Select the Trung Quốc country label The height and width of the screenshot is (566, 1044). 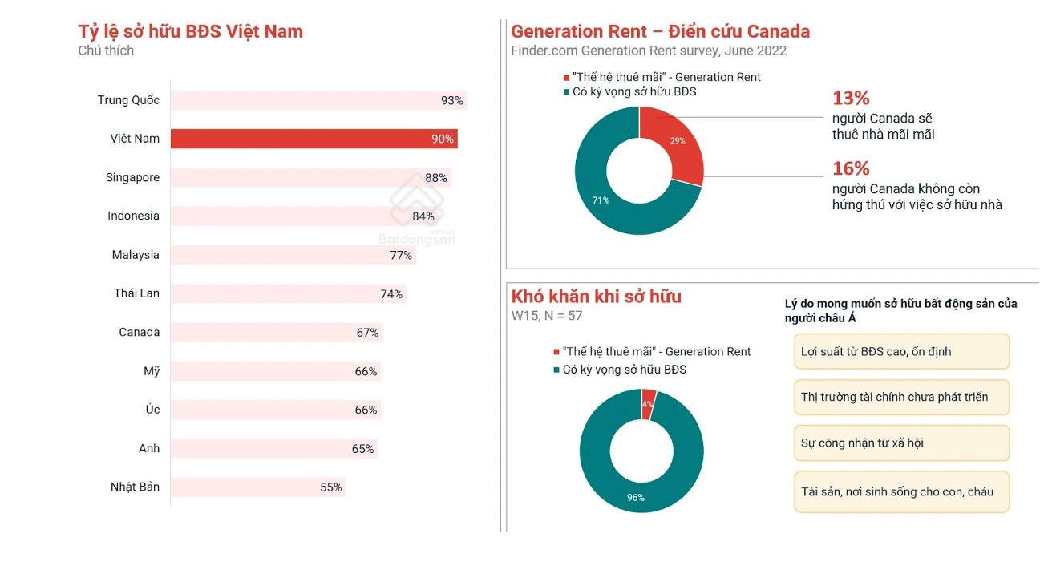tap(128, 100)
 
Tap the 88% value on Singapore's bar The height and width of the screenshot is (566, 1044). tap(436, 178)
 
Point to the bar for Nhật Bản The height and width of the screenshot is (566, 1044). tap(257, 487)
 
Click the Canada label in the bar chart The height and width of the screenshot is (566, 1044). tap(139, 332)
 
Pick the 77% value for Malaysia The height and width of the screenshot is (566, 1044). tap(401, 256)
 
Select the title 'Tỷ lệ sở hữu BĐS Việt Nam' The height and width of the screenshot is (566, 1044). tap(190, 32)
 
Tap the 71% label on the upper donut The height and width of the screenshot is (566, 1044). tap(601, 200)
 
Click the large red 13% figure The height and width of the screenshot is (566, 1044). tap(851, 99)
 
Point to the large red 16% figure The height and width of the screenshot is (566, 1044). tap(851, 168)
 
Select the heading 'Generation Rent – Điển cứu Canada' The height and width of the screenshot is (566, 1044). tap(660, 32)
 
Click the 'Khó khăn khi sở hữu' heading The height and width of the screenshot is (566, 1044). tap(596, 297)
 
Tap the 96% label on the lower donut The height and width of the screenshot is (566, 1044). tap(635, 498)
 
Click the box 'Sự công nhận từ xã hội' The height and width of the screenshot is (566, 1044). tap(901, 443)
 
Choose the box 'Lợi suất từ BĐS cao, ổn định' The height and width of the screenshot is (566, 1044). tap(901, 351)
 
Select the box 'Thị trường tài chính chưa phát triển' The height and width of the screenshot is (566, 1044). tap(901, 397)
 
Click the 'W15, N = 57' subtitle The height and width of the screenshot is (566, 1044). tap(547, 316)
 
